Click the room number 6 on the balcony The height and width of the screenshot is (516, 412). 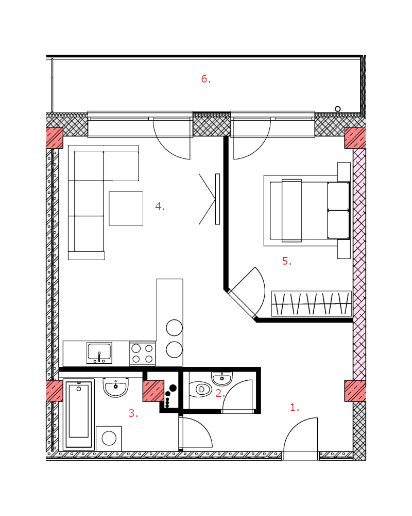coord(205,79)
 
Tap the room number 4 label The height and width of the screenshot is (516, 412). coord(160,207)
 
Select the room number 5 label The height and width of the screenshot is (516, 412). coord(287,261)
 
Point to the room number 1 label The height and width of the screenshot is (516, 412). coord(295,408)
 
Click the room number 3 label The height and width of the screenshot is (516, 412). coord(133,413)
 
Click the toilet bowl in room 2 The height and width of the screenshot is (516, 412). coord(200,389)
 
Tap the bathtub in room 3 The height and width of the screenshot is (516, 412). coord(79,415)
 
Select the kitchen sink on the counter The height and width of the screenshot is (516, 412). coord(99,353)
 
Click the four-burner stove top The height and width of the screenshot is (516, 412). coord(143,353)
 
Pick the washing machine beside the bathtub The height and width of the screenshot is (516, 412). coord(109,438)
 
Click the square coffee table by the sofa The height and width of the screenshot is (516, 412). coord(126,208)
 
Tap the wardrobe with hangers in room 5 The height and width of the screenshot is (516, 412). coord(312,304)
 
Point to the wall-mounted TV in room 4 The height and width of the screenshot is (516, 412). coord(217,199)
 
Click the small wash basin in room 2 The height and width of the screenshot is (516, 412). coord(222,378)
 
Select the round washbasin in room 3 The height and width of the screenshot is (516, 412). coord(116,388)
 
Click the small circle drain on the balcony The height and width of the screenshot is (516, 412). coord(337,109)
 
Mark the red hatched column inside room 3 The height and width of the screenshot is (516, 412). coord(153,391)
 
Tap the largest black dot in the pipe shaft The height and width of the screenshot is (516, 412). coord(173,388)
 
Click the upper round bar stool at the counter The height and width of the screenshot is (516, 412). coord(174,328)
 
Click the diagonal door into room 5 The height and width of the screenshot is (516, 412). coord(243,304)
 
